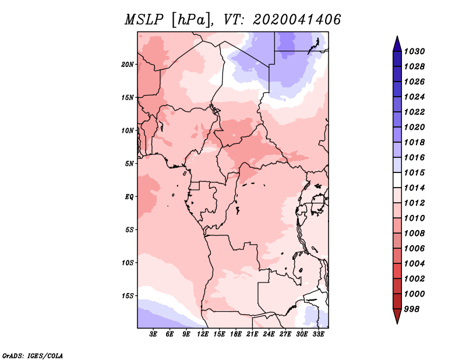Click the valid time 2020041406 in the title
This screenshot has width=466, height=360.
pyautogui.click(x=297, y=20)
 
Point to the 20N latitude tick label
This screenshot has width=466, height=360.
pyautogui.click(x=128, y=64)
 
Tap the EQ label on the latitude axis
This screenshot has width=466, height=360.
pyautogui.click(x=129, y=196)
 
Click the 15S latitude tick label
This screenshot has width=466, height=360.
pyautogui.click(x=128, y=295)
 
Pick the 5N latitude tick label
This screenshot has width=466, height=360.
pyautogui.click(x=129, y=163)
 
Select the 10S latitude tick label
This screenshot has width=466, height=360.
pyautogui.click(x=128, y=262)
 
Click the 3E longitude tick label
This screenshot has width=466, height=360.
pyautogui.click(x=154, y=335)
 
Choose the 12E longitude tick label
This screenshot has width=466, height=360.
pyautogui.click(x=203, y=335)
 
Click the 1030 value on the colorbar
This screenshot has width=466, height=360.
pyautogui.click(x=416, y=51)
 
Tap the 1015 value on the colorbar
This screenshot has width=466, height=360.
pyautogui.click(x=416, y=172)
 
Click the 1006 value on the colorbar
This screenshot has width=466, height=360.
pyautogui.click(x=416, y=248)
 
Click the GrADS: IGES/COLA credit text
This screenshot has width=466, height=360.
pyautogui.click(x=32, y=355)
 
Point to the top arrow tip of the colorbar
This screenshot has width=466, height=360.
pyautogui.click(x=397, y=37)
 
